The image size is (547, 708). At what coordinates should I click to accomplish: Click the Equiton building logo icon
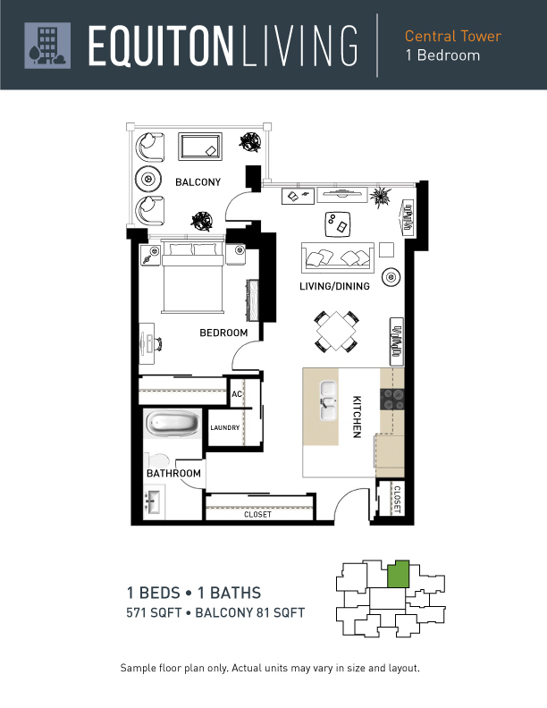[x=47, y=46]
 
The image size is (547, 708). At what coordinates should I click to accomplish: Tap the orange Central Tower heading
[x=452, y=36]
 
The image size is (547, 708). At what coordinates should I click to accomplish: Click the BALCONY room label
[x=198, y=182]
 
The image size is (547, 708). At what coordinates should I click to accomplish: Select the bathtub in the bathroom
[x=173, y=423]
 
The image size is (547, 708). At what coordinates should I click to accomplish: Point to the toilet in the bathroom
[x=156, y=460]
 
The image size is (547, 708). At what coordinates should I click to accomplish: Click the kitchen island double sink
[x=328, y=400]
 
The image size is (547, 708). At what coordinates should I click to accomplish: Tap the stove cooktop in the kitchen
[x=391, y=400]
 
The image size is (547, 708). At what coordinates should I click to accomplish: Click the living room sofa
[x=338, y=257]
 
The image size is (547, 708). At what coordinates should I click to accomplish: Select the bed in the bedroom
[x=193, y=276]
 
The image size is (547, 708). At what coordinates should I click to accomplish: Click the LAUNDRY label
[x=224, y=427]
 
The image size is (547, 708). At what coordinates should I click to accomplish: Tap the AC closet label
[x=237, y=394]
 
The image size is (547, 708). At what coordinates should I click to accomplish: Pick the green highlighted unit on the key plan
[x=399, y=574]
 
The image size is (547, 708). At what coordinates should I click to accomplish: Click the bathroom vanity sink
[x=154, y=501]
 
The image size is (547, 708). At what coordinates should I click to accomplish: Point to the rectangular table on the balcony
[x=200, y=147]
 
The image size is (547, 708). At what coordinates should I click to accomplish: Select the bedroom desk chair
[x=158, y=344]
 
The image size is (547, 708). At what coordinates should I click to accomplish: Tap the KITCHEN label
[x=357, y=417]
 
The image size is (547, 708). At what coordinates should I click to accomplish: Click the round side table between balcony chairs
[x=148, y=179]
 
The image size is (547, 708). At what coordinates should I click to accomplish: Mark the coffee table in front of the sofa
[x=338, y=224]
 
